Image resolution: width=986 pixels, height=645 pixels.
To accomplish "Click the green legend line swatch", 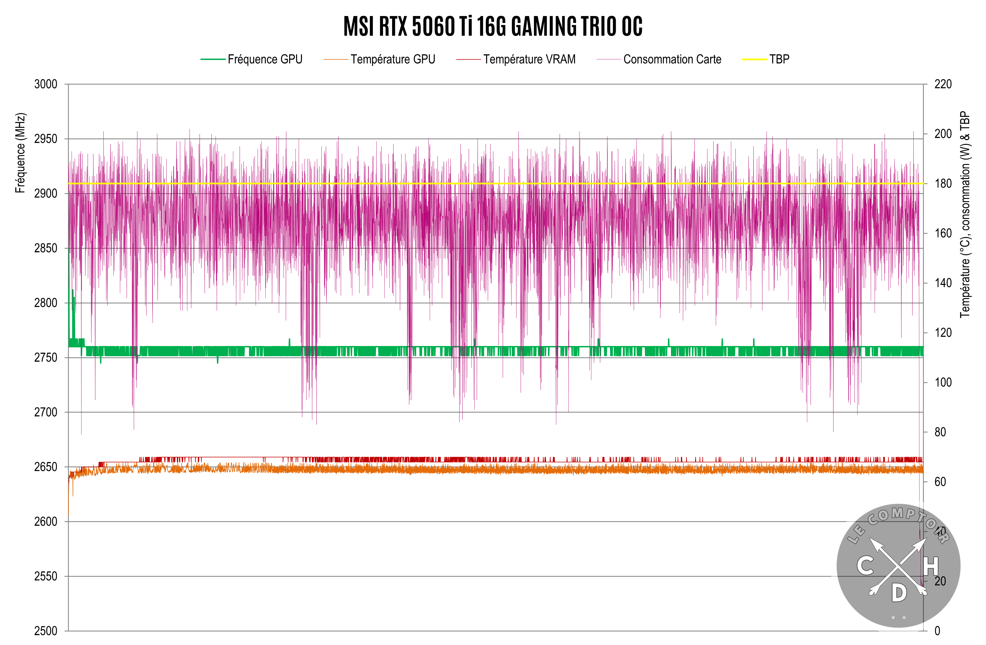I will [x=213, y=59].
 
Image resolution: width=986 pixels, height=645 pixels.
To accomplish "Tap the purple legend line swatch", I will [x=609, y=59].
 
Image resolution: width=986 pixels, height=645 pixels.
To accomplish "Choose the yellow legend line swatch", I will [x=754, y=59].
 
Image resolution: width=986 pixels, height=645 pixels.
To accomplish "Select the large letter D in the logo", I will [x=899, y=593].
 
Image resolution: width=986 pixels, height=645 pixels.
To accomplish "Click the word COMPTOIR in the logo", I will [x=907, y=518].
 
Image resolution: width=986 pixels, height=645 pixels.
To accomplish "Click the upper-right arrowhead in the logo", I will [x=921, y=544].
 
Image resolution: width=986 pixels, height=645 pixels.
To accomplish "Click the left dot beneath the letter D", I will [x=893, y=617].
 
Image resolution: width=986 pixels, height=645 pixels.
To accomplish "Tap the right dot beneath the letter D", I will [x=904, y=617].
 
